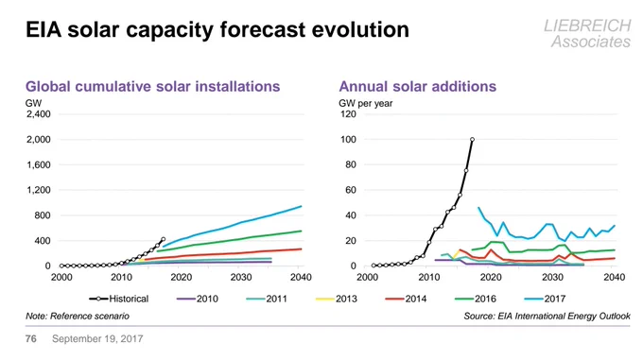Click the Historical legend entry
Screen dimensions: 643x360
119,299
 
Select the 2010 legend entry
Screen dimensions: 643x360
198,299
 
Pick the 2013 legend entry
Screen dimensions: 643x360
337,299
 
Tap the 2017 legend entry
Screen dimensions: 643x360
545,299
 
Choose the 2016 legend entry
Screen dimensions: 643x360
476,299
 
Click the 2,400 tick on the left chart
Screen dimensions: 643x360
39,114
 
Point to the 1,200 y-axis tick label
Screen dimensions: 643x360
39,190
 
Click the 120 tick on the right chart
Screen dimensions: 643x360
348,114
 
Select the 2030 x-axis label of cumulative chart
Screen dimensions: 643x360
241,277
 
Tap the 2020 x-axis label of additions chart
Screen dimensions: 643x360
491,277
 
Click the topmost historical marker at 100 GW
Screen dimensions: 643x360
473,140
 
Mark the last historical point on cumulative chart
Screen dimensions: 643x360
164,239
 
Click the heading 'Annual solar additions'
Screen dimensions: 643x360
417,86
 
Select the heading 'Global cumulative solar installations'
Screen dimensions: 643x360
152,86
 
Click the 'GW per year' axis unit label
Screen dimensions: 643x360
365,104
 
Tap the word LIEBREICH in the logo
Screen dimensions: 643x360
587,26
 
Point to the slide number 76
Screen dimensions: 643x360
31,338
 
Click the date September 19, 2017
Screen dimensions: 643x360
97,338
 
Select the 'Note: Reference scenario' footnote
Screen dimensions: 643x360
78,317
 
